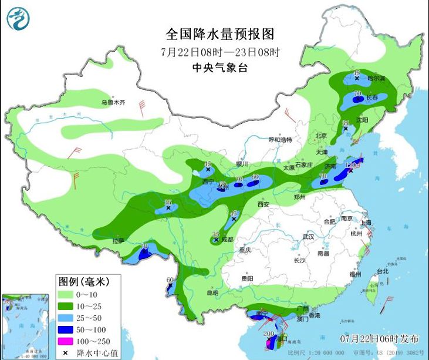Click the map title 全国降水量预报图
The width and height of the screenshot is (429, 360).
coord(220,33)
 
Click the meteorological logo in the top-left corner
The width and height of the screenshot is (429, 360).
coord(18,18)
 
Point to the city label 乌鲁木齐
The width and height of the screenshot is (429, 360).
coord(113,102)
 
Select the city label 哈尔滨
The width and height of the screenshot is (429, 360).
coord(376,78)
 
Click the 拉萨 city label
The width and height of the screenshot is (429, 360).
coord(119,240)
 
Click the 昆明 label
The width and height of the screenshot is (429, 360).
coord(212,292)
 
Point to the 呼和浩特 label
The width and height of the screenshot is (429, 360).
coord(279,140)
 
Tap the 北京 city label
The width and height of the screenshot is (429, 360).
coord(321,136)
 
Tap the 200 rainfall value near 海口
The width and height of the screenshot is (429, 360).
coord(269,334)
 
